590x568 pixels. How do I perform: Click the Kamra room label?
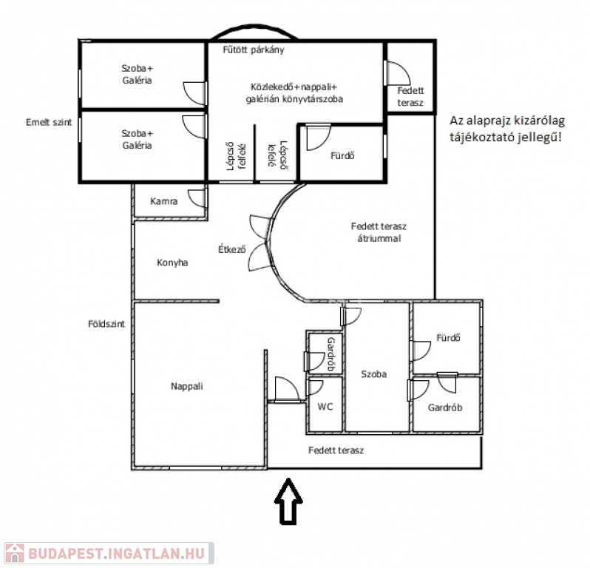(x=164, y=201)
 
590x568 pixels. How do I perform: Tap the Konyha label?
(x=172, y=263)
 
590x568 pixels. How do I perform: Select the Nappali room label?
(x=186, y=386)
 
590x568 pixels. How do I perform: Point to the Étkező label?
(x=232, y=248)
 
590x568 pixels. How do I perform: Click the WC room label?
(x=325, y=407)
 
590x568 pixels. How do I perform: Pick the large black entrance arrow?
(x=288, y=501)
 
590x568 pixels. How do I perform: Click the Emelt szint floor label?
(x=49, y=122)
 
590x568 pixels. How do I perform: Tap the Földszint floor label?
(x=106, y=324)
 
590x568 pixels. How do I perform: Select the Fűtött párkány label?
(x=254, y=50)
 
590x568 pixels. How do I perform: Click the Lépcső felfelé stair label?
(x=236, y=156)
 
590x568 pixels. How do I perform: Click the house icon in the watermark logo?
(x=14, y=553)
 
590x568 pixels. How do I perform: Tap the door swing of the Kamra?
(x=197, y=198)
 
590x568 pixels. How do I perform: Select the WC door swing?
(x=315, y=388)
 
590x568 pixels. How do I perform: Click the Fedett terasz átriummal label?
(x=379, y=232)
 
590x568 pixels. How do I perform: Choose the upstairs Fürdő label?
(x=342, y=155)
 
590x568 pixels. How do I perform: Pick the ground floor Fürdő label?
(x=448, y=338)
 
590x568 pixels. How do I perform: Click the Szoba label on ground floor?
(x=373, y=373)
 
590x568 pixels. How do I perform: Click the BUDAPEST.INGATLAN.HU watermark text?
(x=117, y=554)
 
